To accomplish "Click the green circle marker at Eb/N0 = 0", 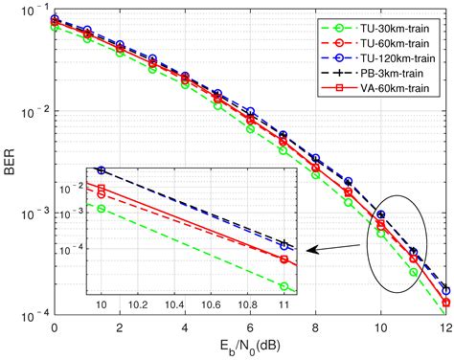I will click(54, 28).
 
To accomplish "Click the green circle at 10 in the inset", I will click(102, 208).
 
